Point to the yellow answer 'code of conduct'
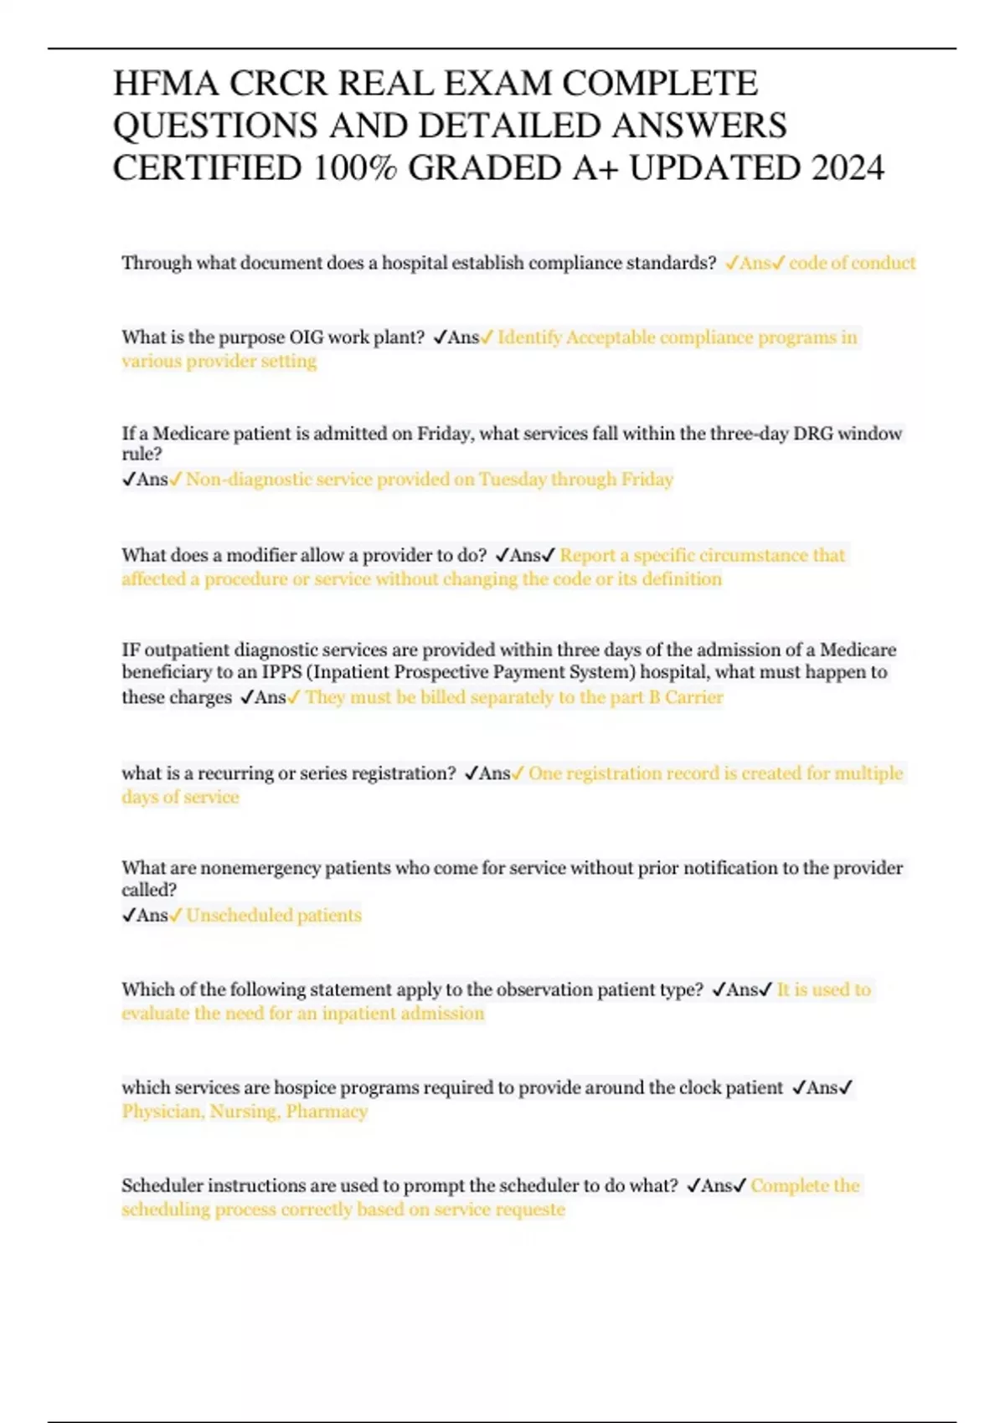click(x=852, y=263)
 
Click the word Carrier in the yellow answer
click(x=693, y=697)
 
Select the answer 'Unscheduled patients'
click(x=274, y=915)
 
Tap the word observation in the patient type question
click(x=541, y=989)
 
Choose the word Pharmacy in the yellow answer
click(x=327, y=1112)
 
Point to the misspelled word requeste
click(x=530, y=1210)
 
